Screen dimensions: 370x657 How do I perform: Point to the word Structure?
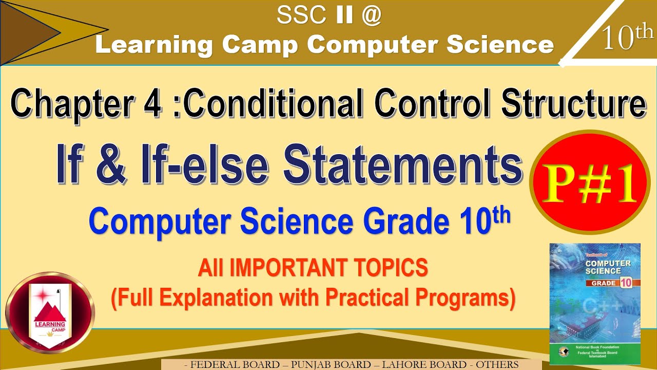573,104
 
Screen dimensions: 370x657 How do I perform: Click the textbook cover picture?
594,304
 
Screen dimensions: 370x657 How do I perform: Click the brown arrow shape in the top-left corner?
31,32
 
